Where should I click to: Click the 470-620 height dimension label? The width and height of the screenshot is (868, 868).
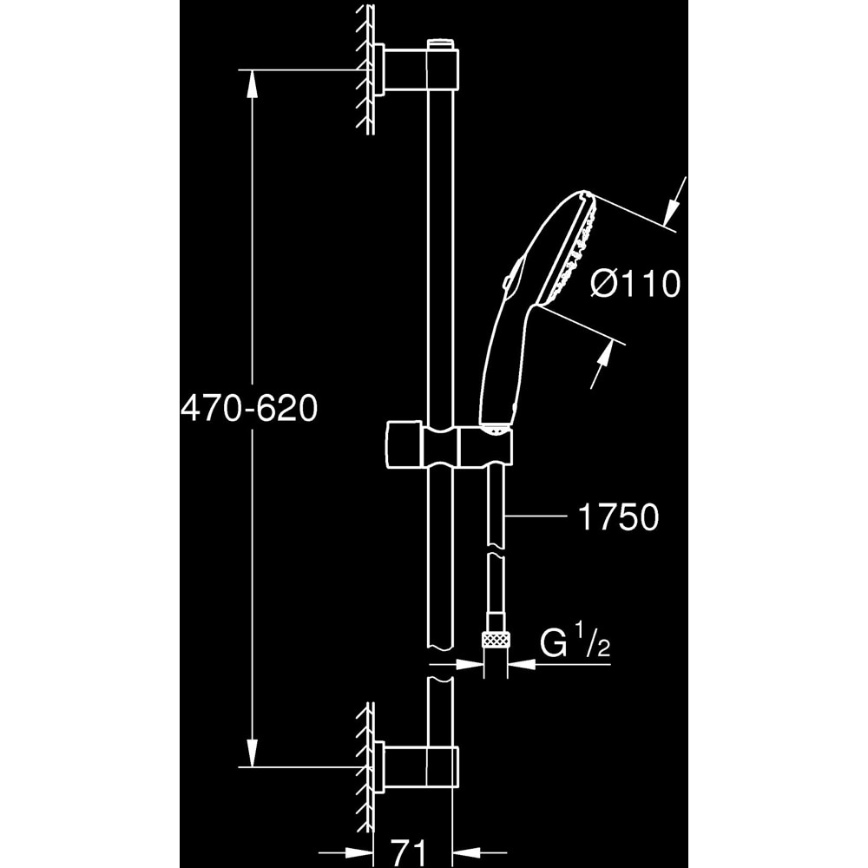coord(249,407)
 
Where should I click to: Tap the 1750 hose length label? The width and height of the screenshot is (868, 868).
coord(618,518)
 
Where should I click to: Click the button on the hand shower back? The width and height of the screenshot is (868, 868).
coord(510,279)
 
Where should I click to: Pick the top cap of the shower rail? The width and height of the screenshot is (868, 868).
coord(441,43)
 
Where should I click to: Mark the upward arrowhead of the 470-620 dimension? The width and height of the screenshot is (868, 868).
coord(252,82)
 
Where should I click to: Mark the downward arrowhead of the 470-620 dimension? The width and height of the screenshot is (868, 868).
coord(252,753)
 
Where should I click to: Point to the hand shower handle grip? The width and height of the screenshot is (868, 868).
coord(502,365)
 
